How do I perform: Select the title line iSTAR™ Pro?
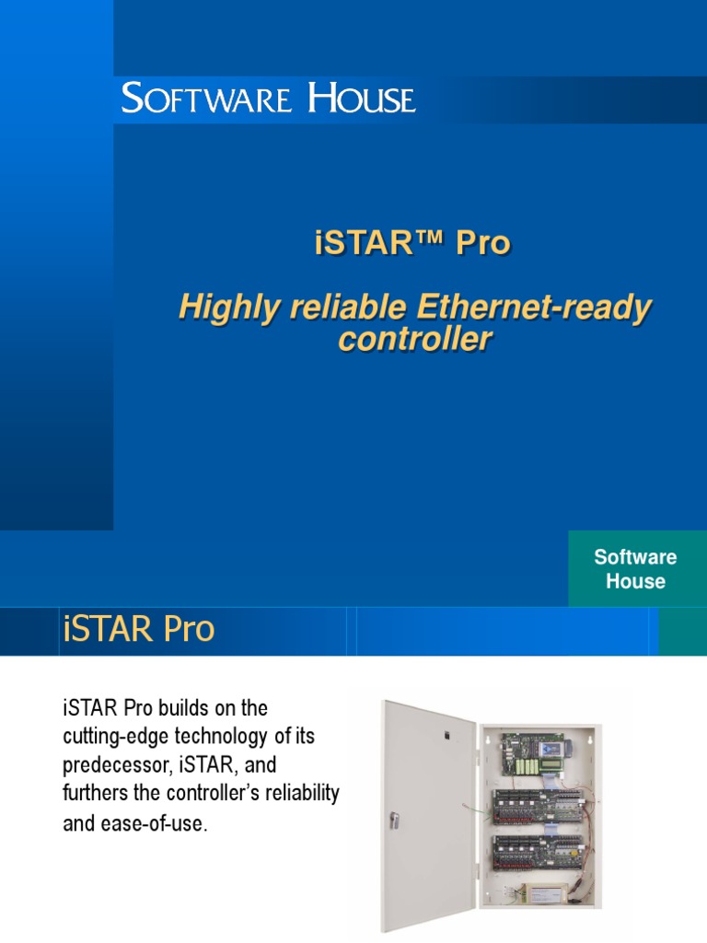tap(407, 245)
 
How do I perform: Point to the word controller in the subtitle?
tap(414, 339)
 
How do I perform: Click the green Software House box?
tap(635, 569)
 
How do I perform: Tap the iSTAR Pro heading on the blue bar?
tap(138, 630)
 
